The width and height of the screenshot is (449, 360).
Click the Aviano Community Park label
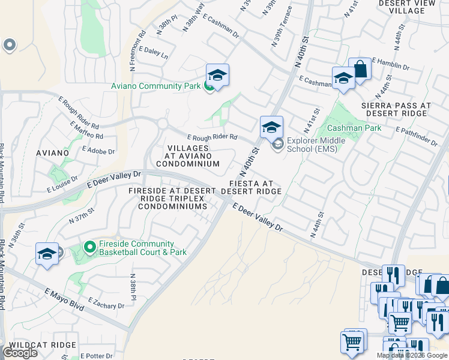[x=155, y=86]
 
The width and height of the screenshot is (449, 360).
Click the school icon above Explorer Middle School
[x=271, y=127]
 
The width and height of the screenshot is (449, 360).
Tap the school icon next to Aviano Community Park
[x=217, y=75]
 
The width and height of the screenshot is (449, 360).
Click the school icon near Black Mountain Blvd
[x=46, y=254]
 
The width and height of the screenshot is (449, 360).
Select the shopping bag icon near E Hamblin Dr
[x=360, y=69]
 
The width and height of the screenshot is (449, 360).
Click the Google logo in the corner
[x=19, y=353]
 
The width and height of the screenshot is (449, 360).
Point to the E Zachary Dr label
[x=106, y=303]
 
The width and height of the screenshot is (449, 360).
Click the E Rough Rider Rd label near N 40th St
[x=212, y=137]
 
